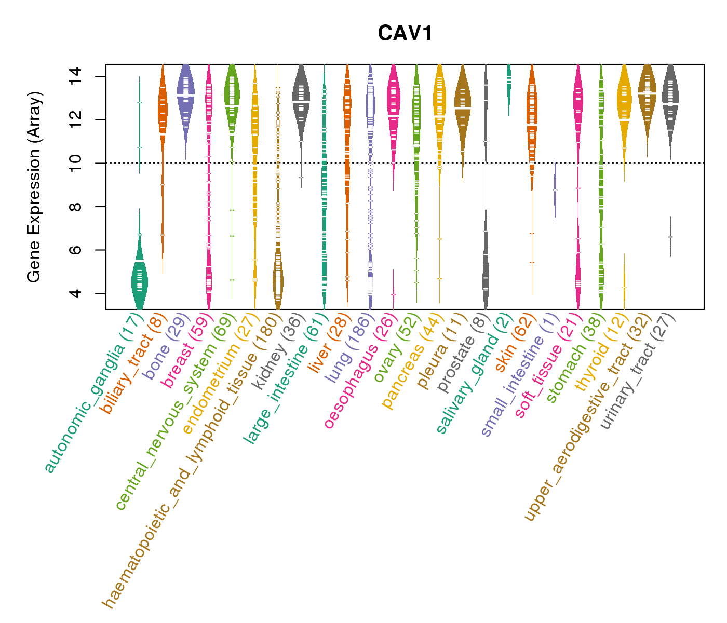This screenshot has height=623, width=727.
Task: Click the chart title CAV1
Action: pyautogui.click(x=405, y=33)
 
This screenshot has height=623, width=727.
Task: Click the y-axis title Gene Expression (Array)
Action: pyautogui.click(x=34, y=187)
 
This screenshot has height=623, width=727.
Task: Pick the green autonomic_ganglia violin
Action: pyautogui.click(x=139, y=283)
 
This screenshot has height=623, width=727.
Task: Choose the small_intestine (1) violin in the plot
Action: pyautogui.click(x=555, y=190)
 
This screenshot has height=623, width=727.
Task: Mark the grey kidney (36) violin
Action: pyautogui.click(x=301, y=99)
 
